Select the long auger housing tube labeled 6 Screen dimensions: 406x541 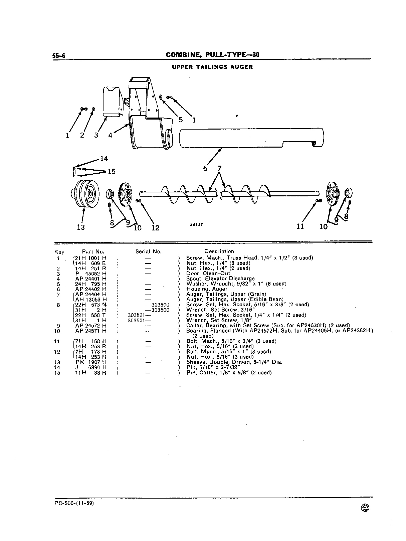251,138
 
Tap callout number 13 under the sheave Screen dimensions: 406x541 81,227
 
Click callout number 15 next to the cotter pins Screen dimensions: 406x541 112,171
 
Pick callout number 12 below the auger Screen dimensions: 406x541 156,228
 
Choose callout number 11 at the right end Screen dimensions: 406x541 300,226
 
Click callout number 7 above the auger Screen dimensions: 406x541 219,169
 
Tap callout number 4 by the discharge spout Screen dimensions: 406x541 111,135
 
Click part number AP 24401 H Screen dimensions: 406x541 91,279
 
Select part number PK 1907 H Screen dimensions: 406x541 91,362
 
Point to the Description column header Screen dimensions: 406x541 219,251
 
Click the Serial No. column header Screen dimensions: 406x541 149,252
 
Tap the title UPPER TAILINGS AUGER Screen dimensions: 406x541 212,67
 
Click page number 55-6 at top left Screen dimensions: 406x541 59,55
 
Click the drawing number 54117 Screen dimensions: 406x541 196,224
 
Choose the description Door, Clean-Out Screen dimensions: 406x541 208,273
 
